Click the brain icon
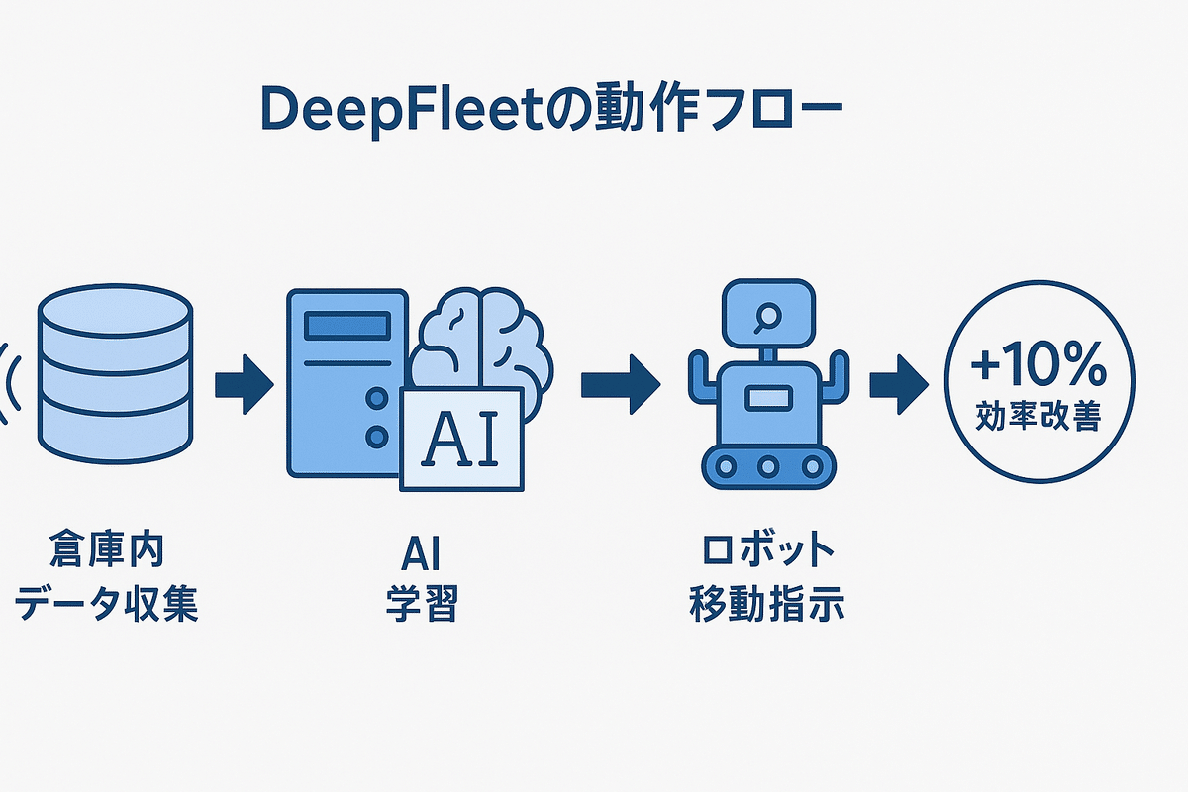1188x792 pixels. coord(482,342)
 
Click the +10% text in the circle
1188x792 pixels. coord(1038,369)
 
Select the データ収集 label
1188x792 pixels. coord(107,603)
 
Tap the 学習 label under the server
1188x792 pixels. coord(423,603)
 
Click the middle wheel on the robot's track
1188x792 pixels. coord(765,465)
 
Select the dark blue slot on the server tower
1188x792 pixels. coord(346,326)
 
